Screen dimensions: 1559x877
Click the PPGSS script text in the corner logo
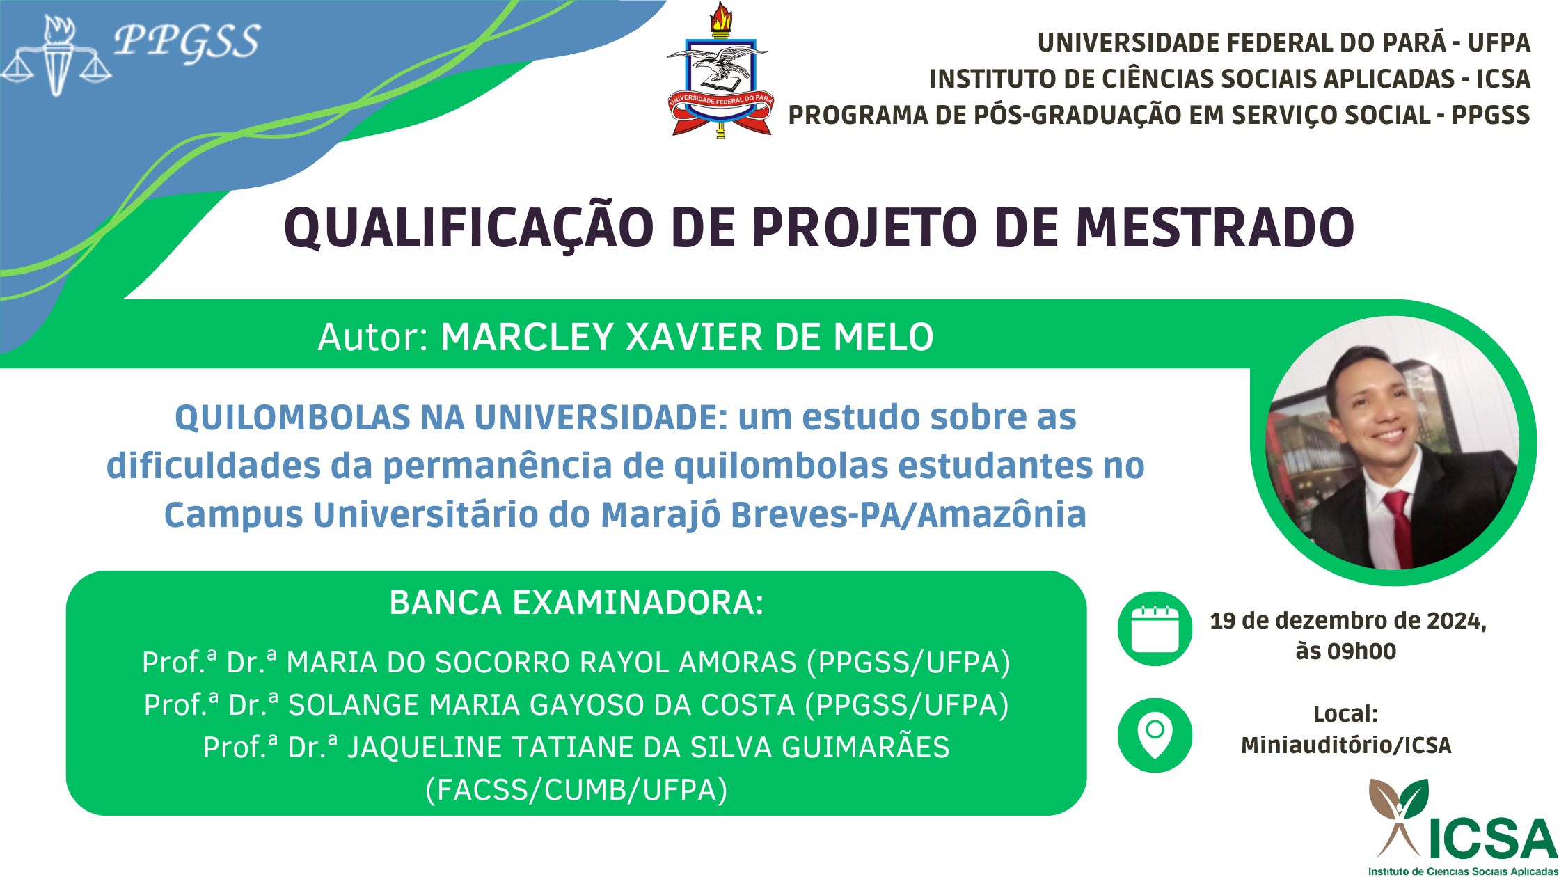pyautogui.click(x=187, y=41)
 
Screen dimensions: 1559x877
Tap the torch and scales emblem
pyautogui.click(x=57, y=56)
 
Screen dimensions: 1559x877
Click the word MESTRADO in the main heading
pyautogui.click(x=1215, y=228)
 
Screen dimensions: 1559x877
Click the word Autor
pyautogui.click(x=373, y=337)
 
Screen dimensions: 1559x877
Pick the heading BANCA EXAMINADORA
pyautogui.click(x=576, y=603)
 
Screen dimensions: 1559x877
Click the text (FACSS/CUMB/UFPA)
pyautogui.click(x=576, y=790)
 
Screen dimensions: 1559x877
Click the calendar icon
pyautogui.click(x=1155, y=629)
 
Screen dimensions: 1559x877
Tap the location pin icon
pyautogui.click(x=1155, y=735)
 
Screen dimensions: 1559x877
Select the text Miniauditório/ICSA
pyautogui.click(x=1346, y=745)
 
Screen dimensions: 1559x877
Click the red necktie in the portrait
pyautogui.click(x=1399, y=529)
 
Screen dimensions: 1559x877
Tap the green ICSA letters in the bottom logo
pyautogui.click(x=1492, y=839)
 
